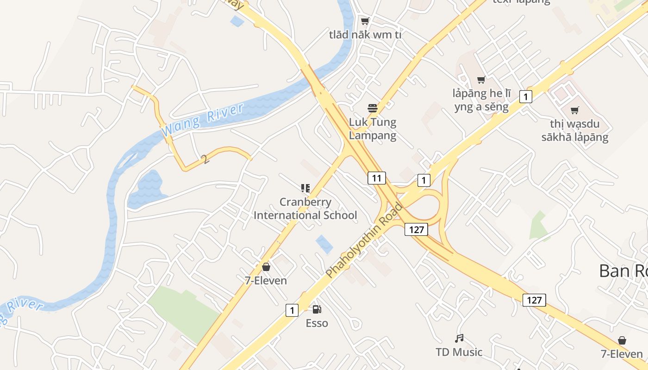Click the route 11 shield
pyautogui.click(x=377, y=178)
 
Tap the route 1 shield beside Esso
pyautogui.click(x=292, y=310)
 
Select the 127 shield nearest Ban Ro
pyautogui.click(x=534, y=300)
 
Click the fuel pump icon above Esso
pyautogui.click(x=317, y=309)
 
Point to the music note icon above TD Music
pyautogui.click(x=459, y=339)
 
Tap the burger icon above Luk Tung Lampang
pyautogui.click(x=373, y=109)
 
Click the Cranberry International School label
pyautogui.click(x=305, y=209)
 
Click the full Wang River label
pyautogui.click(x=203, y=120)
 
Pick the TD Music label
pyautogui.click(x=459, y=352)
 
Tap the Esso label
pyautogui.click(x=317, y=323)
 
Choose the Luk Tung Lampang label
pyautogui.click(x=373, y=129)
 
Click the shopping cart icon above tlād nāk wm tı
pyautogui.click(x=365, y=21)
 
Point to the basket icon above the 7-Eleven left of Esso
pyautogui.click(x=266, y=267)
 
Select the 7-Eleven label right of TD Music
pyautogui.click(x=622, y=354)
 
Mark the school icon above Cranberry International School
pyautogui.click(x=305, y=188)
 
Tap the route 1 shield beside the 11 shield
pyautogui.click(x=424, y=180)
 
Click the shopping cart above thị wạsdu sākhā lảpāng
pyautogui.click(x=574, y=110)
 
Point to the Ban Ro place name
pyautogui.click(x=623, y=271)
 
